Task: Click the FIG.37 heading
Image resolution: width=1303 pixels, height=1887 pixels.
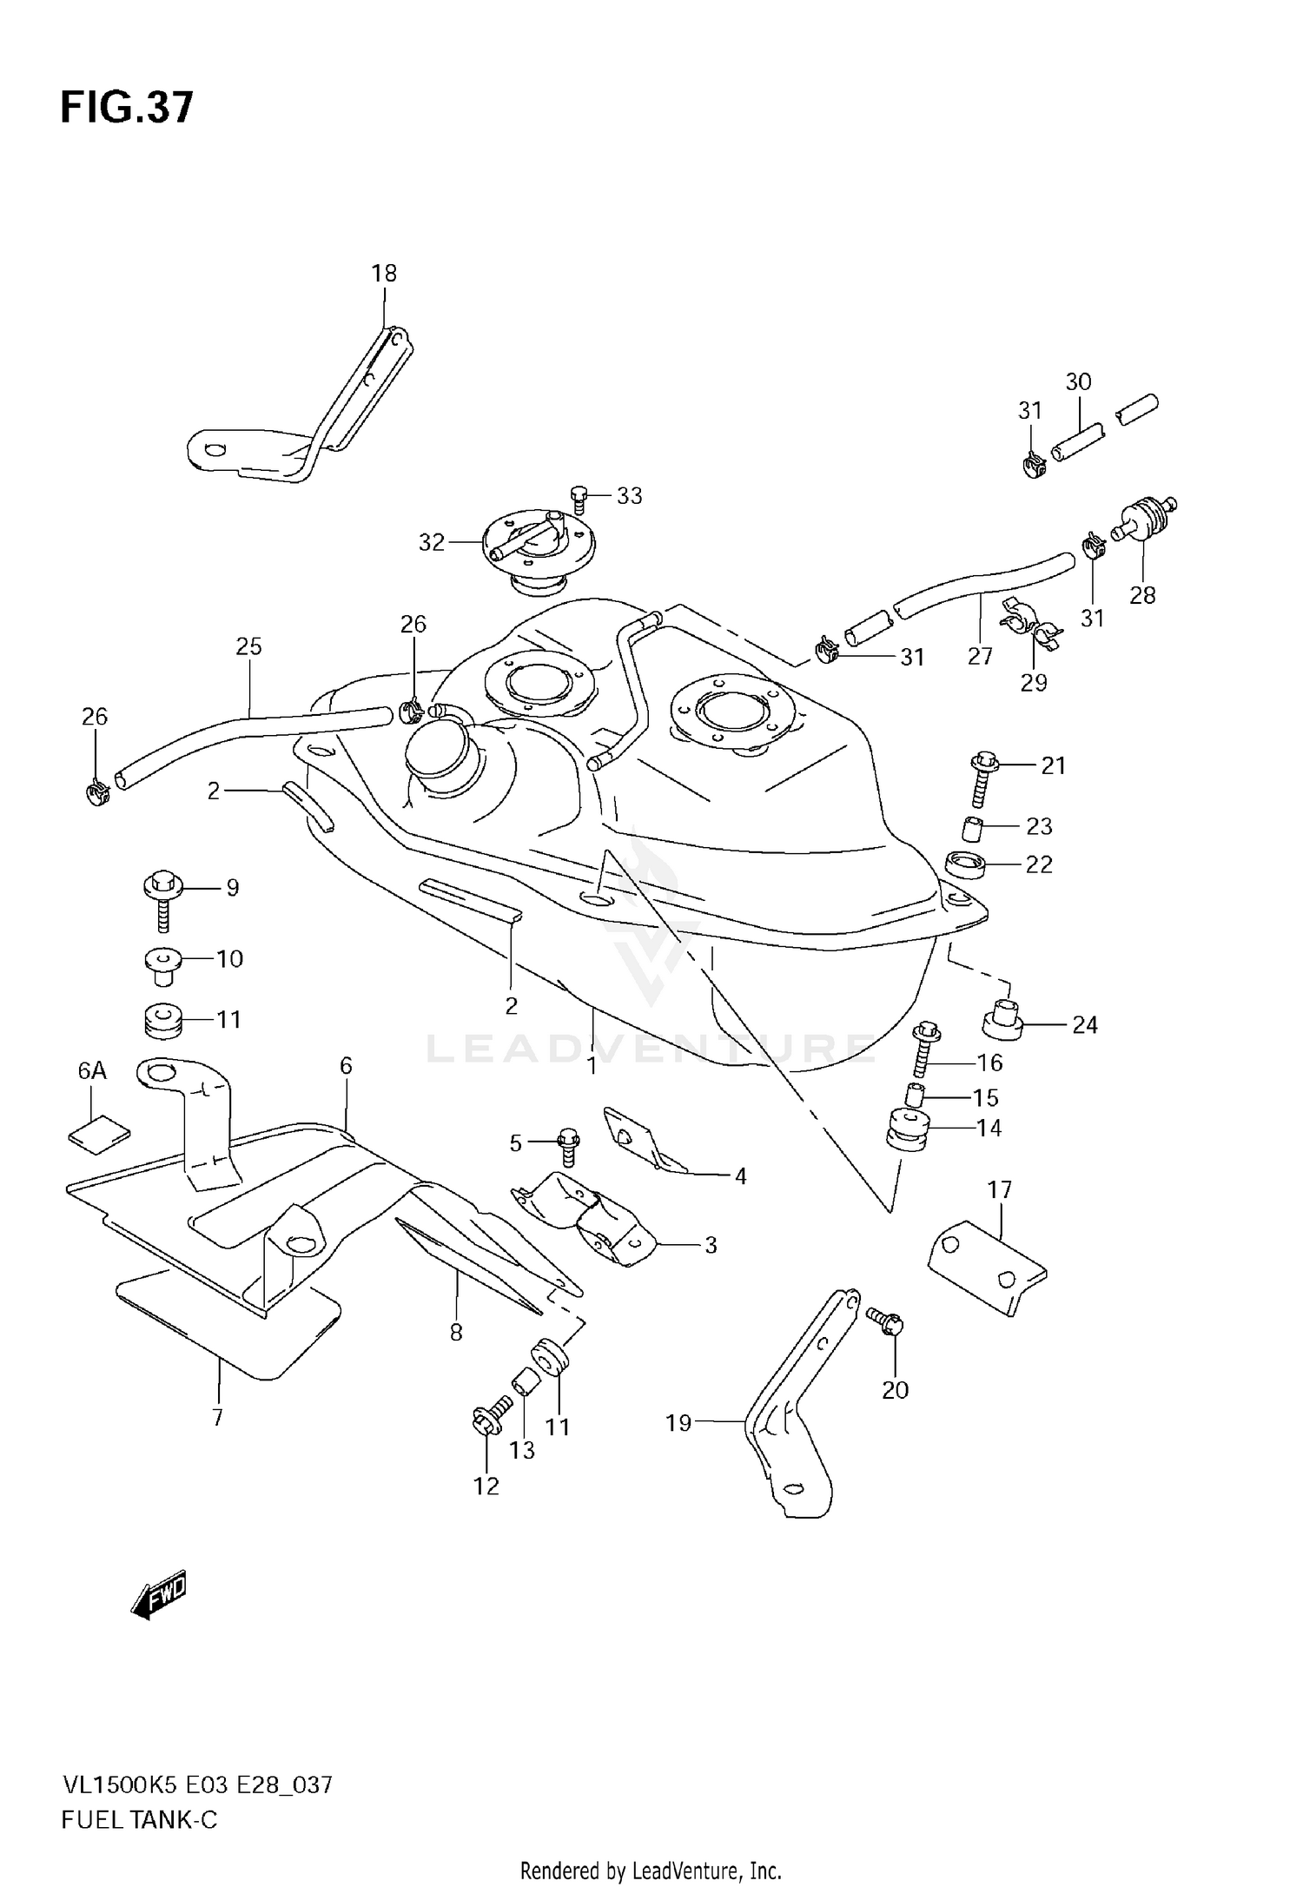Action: pos(127,109)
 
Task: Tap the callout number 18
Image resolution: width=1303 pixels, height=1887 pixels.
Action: pos(384,274)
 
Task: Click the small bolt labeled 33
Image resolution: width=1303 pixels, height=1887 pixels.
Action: pos(579,497)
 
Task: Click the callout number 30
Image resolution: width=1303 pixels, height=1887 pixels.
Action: pos(1078,381)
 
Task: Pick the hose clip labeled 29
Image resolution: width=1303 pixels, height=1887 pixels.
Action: pos(1031,626)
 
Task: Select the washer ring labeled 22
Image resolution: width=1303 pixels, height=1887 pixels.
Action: pos(968,865)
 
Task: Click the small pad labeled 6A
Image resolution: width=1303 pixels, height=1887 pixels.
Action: pos(99,1133)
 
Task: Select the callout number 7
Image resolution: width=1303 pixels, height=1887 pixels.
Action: pos(217,1418)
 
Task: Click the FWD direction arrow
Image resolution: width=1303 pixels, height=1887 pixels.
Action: pos(159,1594)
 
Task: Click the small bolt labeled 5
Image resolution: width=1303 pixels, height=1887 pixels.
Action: pos(568,1145)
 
